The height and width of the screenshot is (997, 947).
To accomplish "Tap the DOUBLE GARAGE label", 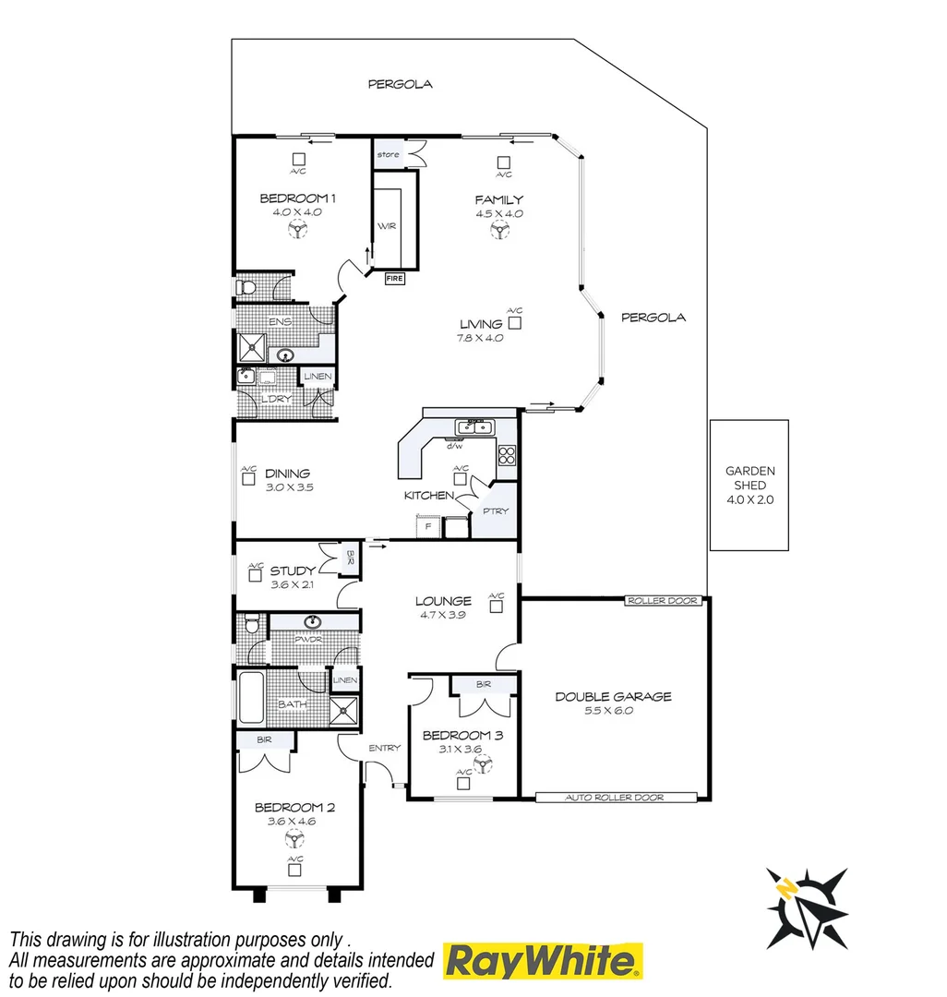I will coord(613,697).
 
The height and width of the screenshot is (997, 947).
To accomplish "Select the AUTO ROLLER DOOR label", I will coord(616,797).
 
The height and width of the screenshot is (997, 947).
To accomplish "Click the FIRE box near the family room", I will coord(394,277).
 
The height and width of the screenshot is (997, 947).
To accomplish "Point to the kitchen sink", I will coord(476,426).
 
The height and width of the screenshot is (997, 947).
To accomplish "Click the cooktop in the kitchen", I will coord(507,454).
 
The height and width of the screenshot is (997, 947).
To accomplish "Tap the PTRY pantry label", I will coord(496,511).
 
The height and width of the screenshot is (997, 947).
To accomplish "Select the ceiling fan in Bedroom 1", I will coord(296,231).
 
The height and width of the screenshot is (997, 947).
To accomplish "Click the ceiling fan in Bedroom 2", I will coord(295,838).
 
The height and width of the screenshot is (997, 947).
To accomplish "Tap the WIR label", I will coord(386,225).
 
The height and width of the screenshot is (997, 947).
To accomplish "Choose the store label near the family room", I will coord(389,154).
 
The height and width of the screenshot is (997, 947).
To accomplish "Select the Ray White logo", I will coord(544,961).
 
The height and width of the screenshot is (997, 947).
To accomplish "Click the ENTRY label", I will coord(382,748).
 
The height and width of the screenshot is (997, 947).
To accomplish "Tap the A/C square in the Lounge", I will coord(497,607).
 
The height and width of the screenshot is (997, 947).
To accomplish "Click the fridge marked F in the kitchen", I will coord(426,527).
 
